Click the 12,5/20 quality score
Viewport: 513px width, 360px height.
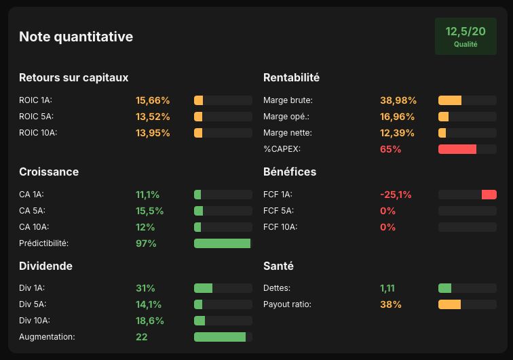click(465, 31)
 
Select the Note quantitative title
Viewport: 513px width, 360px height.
click(76, 37)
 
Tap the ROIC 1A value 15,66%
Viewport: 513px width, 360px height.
click(153, 100)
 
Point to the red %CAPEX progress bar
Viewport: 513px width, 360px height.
click(457, 149)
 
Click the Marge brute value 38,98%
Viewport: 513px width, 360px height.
click(398, 100)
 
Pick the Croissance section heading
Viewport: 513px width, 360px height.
click(49, 172)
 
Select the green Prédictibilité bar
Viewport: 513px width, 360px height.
click(222, 243)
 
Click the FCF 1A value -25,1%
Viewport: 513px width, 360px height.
click(396, 195)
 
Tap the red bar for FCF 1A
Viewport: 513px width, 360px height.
click(489, 195)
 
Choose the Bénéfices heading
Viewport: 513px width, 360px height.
click(290, 172)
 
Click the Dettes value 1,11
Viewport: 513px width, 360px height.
click(387, 288)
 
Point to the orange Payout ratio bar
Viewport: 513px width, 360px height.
click(449, 304)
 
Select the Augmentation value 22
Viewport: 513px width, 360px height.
click(141, 337)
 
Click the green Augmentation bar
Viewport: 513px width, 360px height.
click(220, 337)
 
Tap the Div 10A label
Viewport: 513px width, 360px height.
click(35, 321)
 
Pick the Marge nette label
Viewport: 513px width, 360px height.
click(288, 133)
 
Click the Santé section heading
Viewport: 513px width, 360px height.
click(278, 266)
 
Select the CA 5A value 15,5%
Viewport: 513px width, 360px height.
click(149, 211)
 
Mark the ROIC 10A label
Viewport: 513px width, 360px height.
click(38, 133)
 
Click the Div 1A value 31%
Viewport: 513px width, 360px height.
click(145, 288)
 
